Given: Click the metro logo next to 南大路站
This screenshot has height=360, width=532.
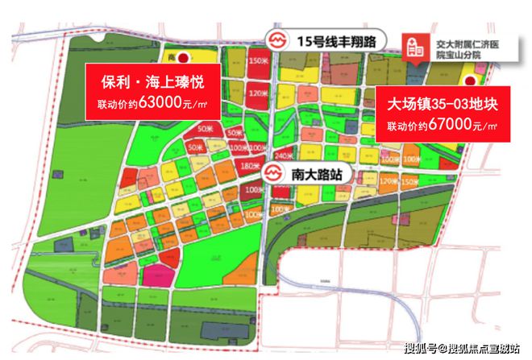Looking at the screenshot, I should (x=272, y=173).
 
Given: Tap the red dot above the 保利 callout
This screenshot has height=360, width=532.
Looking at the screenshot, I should (x=183, y=57).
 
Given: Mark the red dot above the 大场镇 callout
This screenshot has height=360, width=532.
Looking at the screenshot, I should (x=469, y=78).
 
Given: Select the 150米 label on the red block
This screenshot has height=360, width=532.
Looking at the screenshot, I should (x=257, y=61).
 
